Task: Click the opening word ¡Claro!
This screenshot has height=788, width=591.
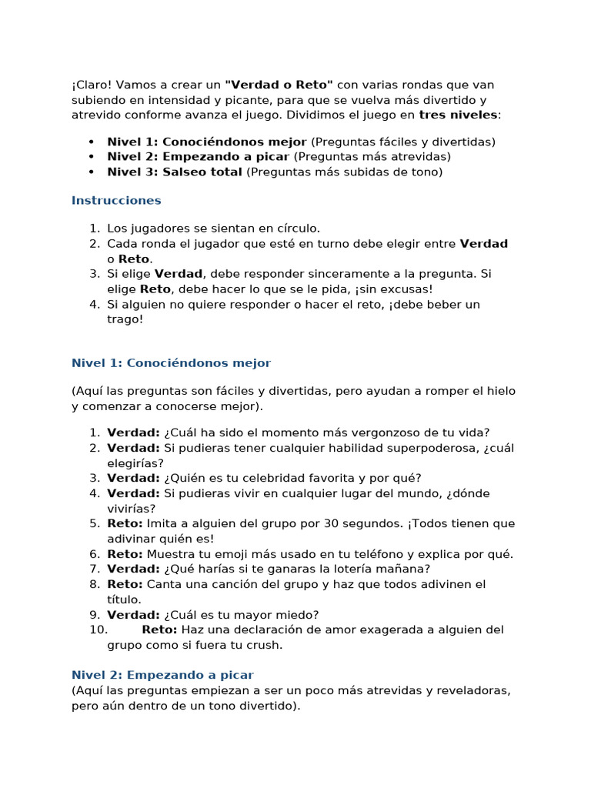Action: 90,84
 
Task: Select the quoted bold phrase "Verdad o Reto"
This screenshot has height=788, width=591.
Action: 279,84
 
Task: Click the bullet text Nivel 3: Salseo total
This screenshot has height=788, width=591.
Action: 175,172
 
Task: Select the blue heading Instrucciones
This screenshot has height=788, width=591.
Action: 116,200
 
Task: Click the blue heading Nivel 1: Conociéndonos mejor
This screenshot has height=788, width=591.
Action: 171,362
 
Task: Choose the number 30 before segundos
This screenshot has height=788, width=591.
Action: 322,523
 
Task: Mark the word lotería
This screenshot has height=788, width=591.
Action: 356,569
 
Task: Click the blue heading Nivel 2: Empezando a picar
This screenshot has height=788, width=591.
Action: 162,674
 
